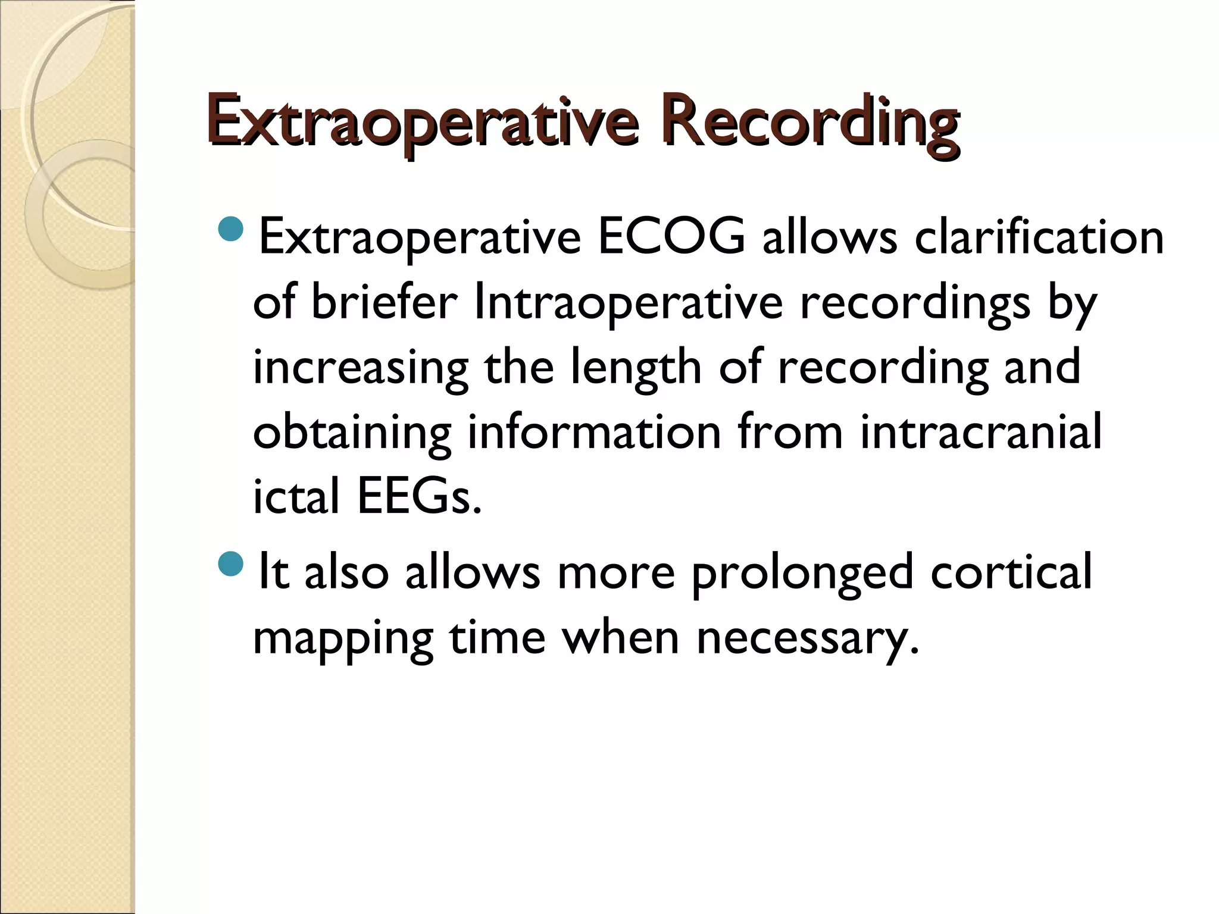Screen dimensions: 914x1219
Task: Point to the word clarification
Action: tap(1039, 237)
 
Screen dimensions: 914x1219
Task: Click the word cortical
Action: tap(1011, 571)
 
